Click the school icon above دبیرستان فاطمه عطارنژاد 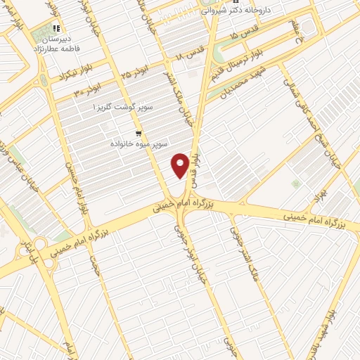click(56, 29)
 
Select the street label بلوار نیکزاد click(58, 73)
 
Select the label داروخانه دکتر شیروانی click(247, 11)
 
